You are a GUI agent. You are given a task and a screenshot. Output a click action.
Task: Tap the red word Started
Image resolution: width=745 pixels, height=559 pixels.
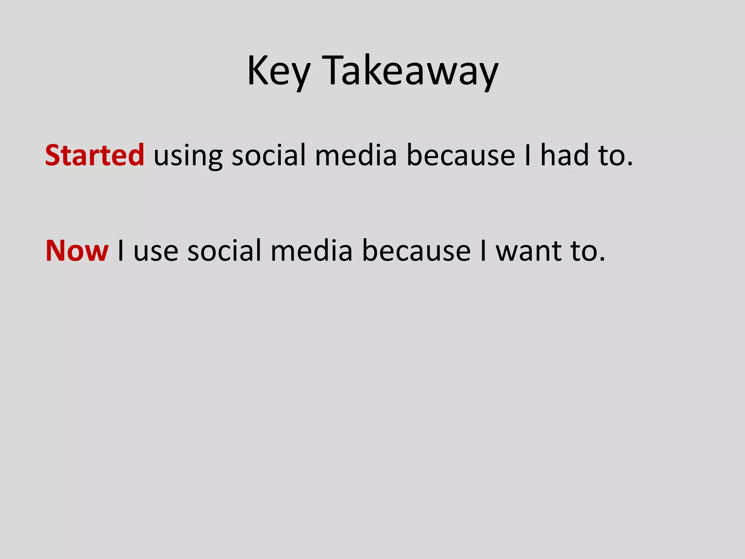95,155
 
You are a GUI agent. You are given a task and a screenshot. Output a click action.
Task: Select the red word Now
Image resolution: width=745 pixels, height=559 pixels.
77,251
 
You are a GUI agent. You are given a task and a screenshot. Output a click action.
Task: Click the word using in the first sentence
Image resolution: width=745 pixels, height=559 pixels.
188,156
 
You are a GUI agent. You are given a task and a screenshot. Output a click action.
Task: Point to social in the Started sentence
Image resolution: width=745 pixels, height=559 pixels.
269,155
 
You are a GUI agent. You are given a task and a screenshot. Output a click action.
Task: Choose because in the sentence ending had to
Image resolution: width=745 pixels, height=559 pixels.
461,156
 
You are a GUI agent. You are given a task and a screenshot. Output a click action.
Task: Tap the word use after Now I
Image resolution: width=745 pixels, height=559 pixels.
156,251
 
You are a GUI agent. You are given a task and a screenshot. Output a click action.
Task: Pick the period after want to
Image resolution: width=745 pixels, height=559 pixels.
602,260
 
